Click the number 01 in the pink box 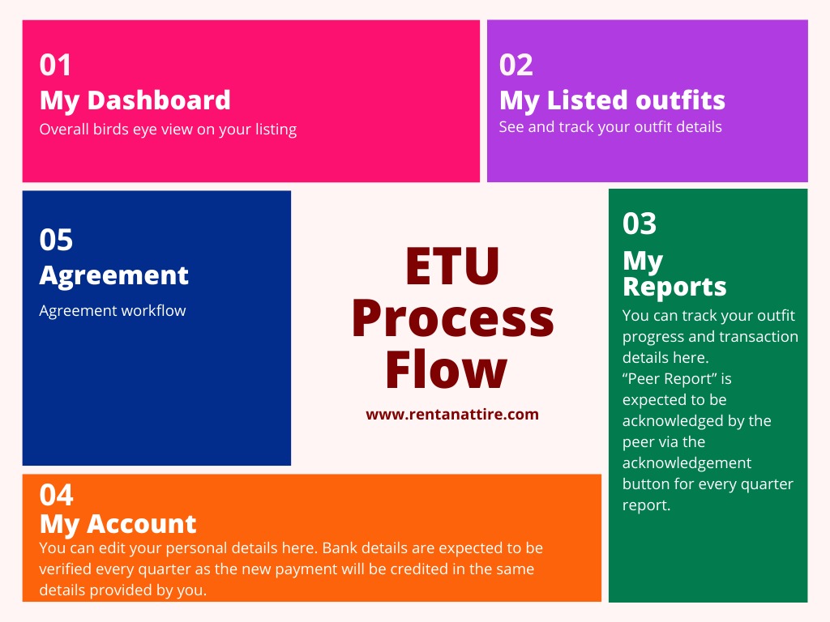pyautogui.click(x=55, y=65)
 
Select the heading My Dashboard pyautogui.click(x=135, y=100)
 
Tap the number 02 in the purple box pyautogui.click(x=516, y=65)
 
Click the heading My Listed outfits pyautogui.click(x=612, y=100)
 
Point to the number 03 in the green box pyautogui.click(x=640, y=224)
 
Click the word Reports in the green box pyautogui.click(x=674, y=287)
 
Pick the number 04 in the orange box pyautogui.click(x=56, y=495)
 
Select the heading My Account pyautogui.click(x=118, y=524)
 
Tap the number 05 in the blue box pyautogui.click(x=56, y=240)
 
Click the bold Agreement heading pyautogui.click(x=113, y=275)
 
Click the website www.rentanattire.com pyautogui.click(x=452, y=414)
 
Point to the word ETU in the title pyautogui.click(x=452, y=266)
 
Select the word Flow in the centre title pyautogui.click(x=447, y=369)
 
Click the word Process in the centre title pyautogui.click(x=453, y=318)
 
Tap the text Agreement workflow pyautogui.click(x=113, y=310)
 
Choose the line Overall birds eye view pyautogui.click(x=168, y=130)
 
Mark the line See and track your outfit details pyautogui.click(x=610, y=127)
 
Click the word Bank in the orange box pyautogui.click(x=340, y=548)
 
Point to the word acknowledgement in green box pyautogui.click(x=687, y=463)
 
